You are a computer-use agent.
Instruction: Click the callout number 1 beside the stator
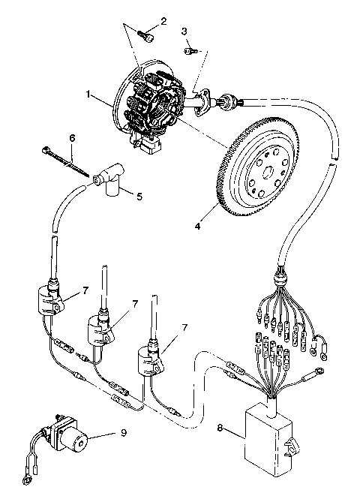(x=88, y=96)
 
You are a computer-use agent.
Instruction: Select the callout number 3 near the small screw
(x=184, y=31)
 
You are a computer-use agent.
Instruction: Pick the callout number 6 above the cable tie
(x=72, y=138)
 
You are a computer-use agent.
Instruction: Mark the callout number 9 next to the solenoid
(x=124, y=433)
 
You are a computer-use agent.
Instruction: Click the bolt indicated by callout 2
(x=148, y=33)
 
